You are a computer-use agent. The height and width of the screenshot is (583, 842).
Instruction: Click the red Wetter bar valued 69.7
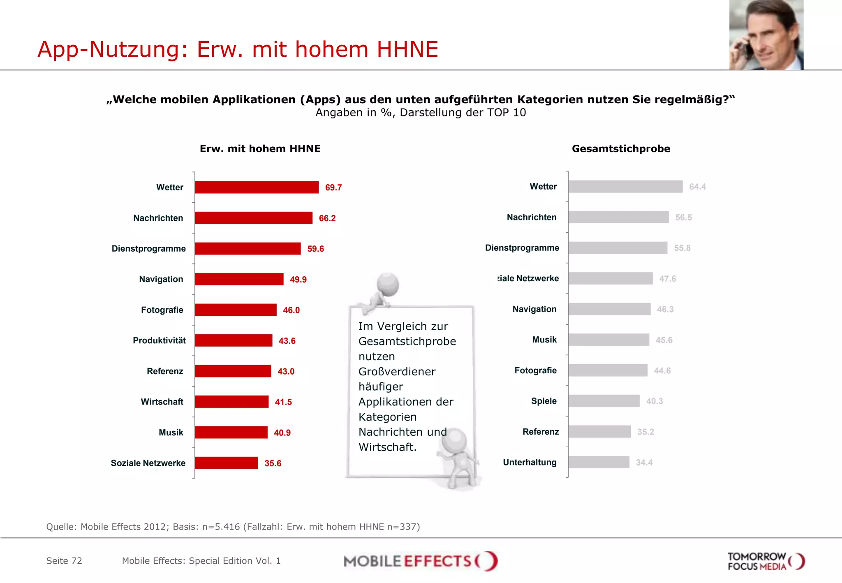257,187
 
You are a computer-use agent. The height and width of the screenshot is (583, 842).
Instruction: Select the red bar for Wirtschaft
231,402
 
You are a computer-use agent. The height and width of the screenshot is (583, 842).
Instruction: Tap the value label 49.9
298,280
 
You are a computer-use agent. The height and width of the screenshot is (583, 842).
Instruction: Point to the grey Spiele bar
604,401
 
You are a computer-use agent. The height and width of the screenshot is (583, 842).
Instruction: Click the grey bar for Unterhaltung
599,462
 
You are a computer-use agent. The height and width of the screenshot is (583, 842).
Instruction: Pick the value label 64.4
697,187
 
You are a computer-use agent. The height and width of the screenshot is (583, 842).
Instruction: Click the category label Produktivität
159,340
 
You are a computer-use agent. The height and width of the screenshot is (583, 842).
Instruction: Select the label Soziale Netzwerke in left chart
148,463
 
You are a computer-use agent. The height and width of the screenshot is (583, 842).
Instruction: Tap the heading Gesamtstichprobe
621,149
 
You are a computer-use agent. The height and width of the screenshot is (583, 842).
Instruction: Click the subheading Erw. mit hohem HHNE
260,149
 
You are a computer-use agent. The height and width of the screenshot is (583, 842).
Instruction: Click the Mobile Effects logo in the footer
420,561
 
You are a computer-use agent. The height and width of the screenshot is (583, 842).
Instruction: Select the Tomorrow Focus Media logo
766,561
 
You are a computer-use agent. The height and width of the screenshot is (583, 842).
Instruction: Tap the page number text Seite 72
64,561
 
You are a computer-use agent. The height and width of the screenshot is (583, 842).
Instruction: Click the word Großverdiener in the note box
397,372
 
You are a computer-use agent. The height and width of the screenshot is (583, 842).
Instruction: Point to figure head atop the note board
388,284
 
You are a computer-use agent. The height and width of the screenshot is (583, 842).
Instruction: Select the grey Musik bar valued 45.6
608,340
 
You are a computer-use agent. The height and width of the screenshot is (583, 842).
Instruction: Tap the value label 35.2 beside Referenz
645,432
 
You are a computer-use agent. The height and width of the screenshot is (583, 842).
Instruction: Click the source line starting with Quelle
233,527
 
